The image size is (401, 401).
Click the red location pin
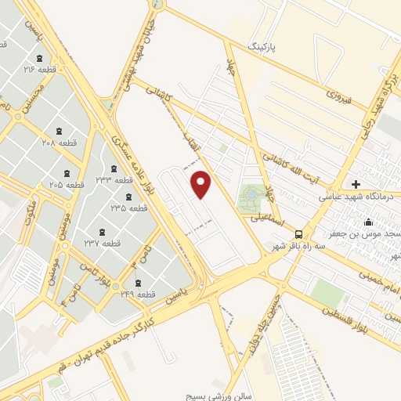(202, 185)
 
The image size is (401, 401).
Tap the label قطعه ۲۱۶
(42, 70)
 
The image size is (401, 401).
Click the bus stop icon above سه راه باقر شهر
(298, 233)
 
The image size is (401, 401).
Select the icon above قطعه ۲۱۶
(39, 59)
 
